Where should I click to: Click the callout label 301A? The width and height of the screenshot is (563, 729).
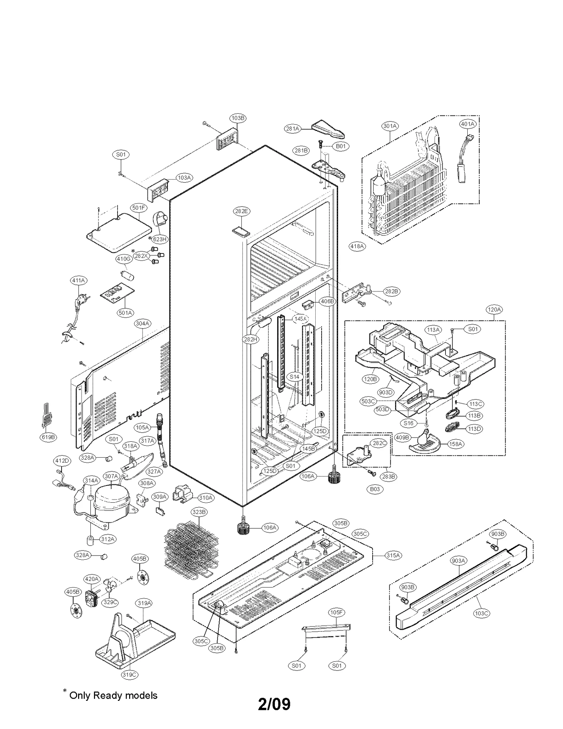coord(390,126)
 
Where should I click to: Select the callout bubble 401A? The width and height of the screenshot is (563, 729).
coord(468,124)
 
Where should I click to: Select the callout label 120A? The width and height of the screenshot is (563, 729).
coord(494,309)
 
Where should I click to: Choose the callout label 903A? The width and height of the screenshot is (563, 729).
coord(458,561)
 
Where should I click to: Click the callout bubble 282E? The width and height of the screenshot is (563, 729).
coord(241,211)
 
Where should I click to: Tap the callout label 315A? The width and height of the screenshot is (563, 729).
coord(393,555)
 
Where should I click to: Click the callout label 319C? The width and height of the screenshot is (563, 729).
coord(129,674)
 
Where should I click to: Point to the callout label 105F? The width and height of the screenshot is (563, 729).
coord(336,612)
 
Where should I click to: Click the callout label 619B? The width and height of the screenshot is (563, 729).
coord(48,437)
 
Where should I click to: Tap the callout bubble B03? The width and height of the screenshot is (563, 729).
coord(375,489)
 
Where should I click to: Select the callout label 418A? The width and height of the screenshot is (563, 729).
coord(357,246)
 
